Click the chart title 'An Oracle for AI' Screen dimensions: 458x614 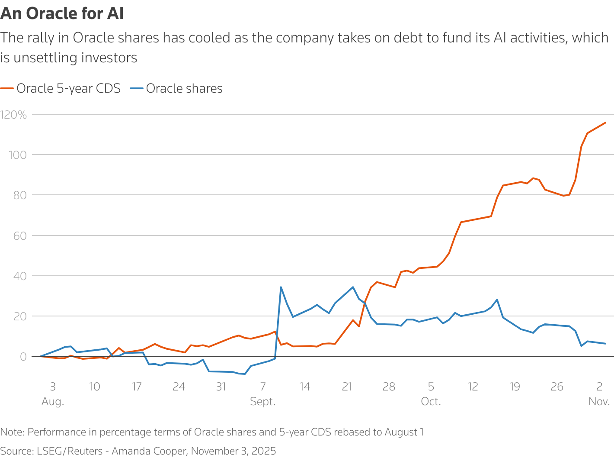coord(62,14)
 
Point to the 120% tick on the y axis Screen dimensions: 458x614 coord(13,115)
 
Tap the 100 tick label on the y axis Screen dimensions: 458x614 coord(18,155)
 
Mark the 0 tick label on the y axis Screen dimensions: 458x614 coord(22,357)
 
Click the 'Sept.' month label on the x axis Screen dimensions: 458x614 coord(263,402)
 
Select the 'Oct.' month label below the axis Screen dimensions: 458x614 coord(431,402)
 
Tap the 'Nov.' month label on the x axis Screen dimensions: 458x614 coord(599,402)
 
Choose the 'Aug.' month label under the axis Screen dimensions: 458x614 coord(53,402)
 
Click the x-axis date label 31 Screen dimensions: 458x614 coord(221,387)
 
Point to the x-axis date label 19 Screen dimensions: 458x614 coord(515,387)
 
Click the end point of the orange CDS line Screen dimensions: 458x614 coord(605,123)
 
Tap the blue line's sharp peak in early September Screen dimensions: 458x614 coord(281,287)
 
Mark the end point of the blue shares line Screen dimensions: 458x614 coord(605,344)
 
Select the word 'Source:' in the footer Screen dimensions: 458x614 coord(16,451)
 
